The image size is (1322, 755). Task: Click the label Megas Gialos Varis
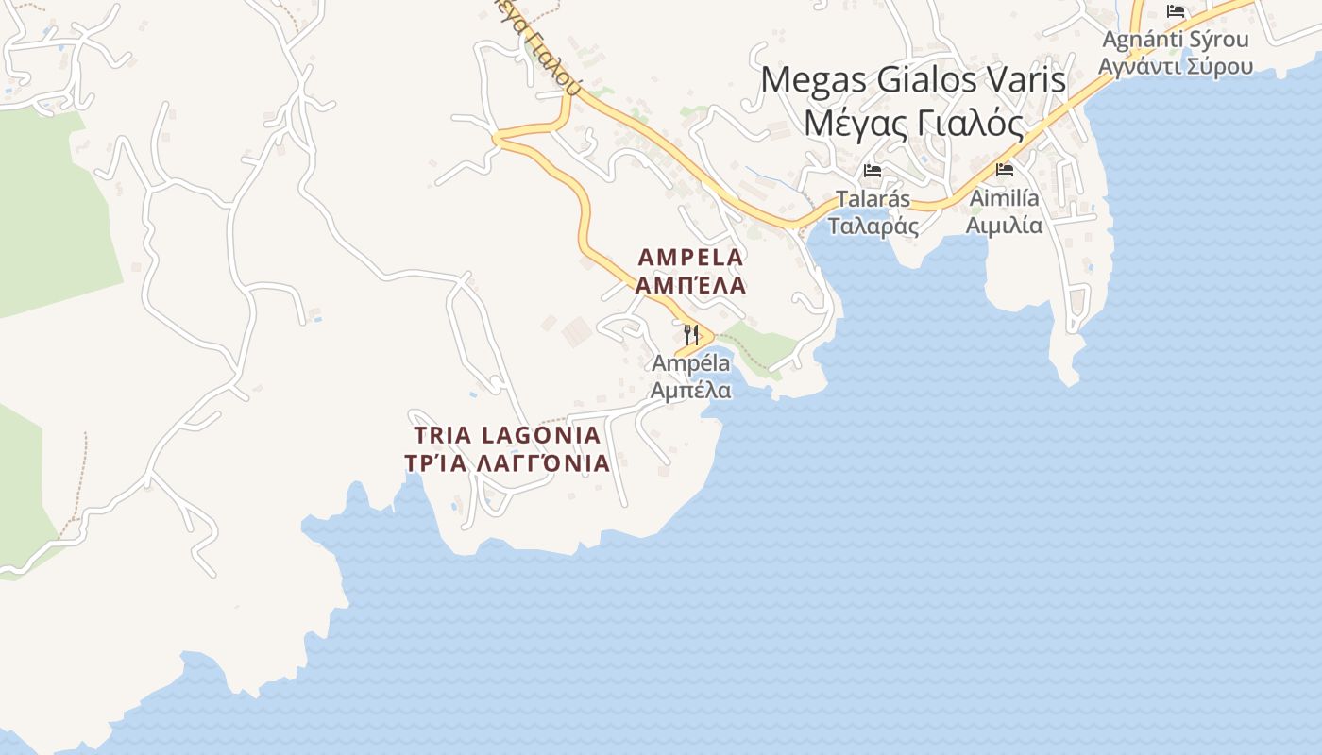tap(913, 79)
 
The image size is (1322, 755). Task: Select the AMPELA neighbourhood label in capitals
tap(691, 257)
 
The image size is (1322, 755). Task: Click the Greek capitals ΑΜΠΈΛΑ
tap(691, 285)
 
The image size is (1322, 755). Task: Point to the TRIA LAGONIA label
tap(508, 435)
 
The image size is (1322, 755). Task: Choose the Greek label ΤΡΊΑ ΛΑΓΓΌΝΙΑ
tap(507, 463)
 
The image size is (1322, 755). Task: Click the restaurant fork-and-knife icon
tap(691, 334)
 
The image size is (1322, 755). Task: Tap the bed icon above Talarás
tap(873, 171)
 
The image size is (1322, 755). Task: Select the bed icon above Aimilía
tap(1005, 170)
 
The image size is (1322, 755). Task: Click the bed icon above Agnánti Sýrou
tap(1176, 11)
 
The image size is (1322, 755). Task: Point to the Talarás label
tap(873, 199)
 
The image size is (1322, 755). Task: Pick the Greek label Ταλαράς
tap(873, 226)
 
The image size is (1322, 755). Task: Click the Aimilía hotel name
tap(1004, 198)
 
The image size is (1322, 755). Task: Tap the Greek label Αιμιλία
tap(1004, 226)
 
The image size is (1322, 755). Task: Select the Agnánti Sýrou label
tap(1176, 40)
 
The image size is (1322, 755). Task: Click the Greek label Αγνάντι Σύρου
tap(1176, 66)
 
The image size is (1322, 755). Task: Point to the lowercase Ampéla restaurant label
tap(691, 363)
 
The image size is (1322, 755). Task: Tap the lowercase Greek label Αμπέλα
tap(691, 390)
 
